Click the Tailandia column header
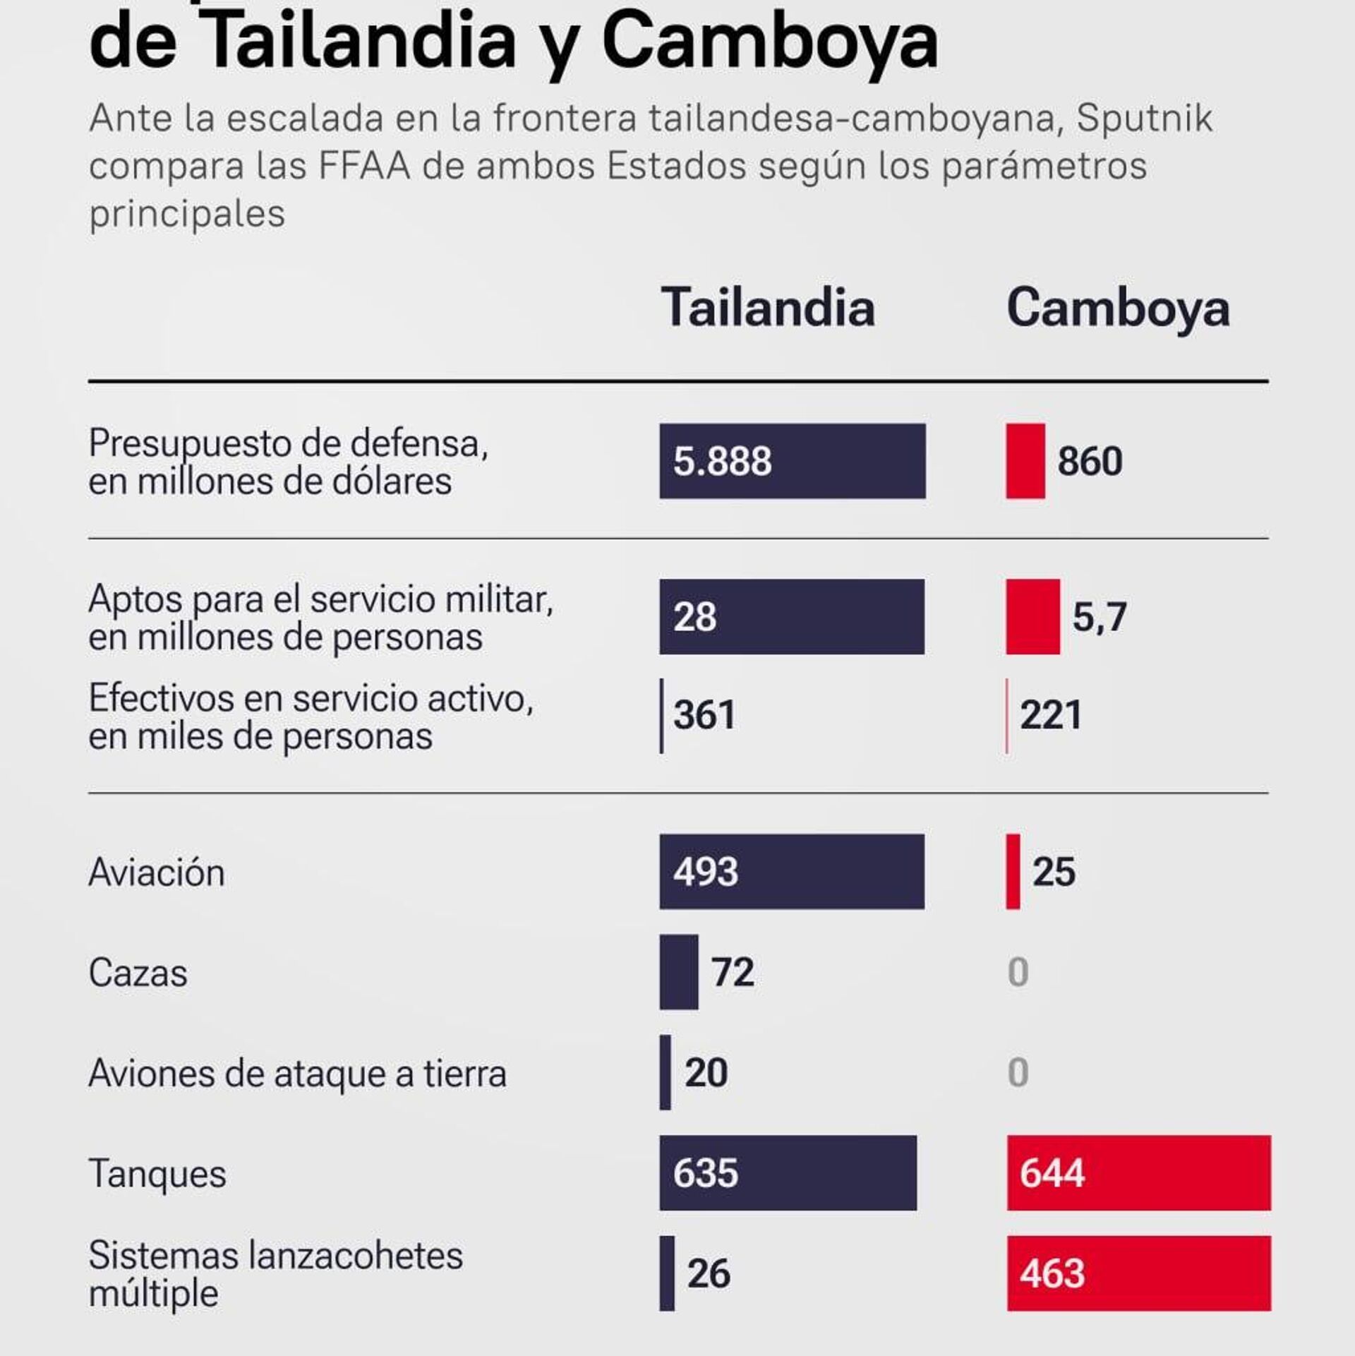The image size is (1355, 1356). pos(768,308)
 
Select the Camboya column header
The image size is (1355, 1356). pos(1118,308)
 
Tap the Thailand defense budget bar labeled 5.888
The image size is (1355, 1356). pos(792,461)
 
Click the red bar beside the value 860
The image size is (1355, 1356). pos(1025,461)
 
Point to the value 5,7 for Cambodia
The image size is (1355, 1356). pos(1099,617)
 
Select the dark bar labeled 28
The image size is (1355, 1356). pos(791,617)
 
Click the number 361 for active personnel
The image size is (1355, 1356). pos(704,714)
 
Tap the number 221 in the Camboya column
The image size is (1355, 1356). pos(1051,714)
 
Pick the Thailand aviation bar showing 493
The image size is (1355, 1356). pos(791,871)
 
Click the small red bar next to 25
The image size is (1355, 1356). pos(1013,871)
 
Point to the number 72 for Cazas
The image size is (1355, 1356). pos(733,972)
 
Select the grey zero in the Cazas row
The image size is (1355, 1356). pos(1018,972)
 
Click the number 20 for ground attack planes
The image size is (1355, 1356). pos(706,1073)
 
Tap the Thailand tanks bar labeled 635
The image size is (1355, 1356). pos(788,1173)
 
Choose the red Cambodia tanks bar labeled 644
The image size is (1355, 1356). pos(1138,1173)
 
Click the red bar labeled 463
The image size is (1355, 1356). pos(1138,1273)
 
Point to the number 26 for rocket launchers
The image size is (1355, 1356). pos(709,1273)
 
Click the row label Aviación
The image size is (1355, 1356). pos(157,872)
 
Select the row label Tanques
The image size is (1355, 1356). pos(157,1175)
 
